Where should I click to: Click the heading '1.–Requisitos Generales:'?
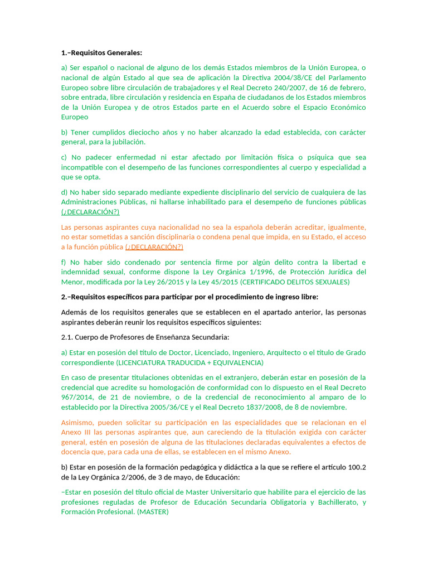tap(101, 53)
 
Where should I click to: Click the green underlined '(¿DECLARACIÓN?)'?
tap(90, 212)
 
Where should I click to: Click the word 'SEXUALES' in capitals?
tap(333, 282)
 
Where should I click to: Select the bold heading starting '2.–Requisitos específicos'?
tap(189, 297)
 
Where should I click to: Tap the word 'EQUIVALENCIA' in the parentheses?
tap(233, 362)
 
